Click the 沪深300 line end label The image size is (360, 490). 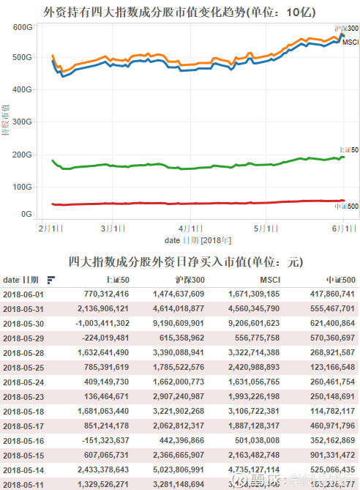346,29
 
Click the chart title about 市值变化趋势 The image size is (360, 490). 179,12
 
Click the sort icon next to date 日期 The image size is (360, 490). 51,280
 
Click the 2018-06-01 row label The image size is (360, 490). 24,294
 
